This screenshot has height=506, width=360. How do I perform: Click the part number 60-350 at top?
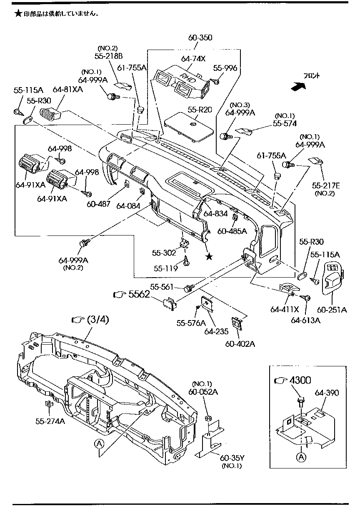(200, 38)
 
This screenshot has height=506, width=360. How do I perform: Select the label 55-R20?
(200, 110)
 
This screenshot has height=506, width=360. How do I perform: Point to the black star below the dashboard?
(209, 257)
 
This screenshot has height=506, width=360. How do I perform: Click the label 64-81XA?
(67, 89)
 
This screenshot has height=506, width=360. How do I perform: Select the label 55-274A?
(50, 421)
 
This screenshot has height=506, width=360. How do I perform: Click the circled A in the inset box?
(302, 457)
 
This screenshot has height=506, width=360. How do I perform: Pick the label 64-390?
(327, 393)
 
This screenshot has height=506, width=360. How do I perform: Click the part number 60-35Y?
(232, 458)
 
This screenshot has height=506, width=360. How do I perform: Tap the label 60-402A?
(240, 344)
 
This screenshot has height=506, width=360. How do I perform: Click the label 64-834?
(215, 214)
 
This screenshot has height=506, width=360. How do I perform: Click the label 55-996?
(225, 68)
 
